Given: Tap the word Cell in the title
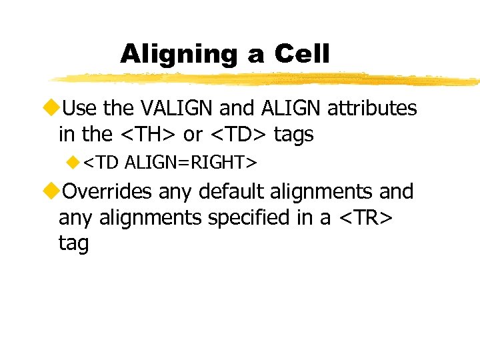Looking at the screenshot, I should (x=301, y=54).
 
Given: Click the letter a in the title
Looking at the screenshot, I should (x=255, y=56).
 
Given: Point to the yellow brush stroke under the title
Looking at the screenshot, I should (x=267, y=79).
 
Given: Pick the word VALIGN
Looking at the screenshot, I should (x=170, y=108).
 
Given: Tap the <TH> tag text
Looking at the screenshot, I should (x=147, y=134).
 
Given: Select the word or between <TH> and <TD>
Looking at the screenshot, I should (x=193, y=134).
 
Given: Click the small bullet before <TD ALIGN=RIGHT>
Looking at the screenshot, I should (x=73, y=162).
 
